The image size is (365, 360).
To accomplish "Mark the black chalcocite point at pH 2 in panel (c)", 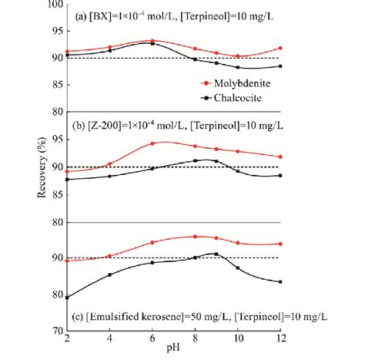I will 67,297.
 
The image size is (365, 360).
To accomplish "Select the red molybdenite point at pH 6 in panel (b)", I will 152,143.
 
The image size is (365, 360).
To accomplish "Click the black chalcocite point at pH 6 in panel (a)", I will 152,43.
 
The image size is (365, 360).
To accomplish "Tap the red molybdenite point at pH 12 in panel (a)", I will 280,48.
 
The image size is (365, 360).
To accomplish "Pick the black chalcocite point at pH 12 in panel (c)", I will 280,281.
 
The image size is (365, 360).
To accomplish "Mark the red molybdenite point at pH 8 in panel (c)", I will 196,237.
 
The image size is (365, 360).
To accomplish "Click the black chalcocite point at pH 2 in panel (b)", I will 67,179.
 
